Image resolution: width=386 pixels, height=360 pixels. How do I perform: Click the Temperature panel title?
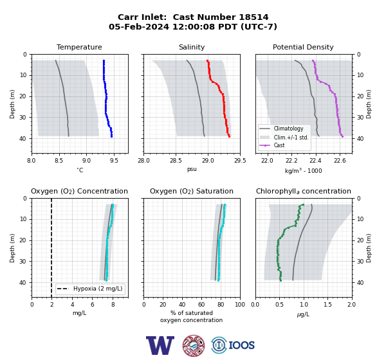[x=79, y=47]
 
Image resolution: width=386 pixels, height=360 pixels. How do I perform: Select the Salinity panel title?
[x=192, y=47]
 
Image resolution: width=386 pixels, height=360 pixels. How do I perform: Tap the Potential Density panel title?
[x=303, y=47]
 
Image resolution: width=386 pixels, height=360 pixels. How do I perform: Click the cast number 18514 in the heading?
[x=253, y=17]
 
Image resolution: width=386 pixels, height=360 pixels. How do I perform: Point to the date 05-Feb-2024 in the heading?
[x=139, y=26]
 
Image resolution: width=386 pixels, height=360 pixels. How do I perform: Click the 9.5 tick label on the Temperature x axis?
[x=114, y=161]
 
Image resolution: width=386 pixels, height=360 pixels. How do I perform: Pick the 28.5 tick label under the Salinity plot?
[x=176, y=161]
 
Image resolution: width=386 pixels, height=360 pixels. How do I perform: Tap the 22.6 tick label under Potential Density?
[x=340, y=161]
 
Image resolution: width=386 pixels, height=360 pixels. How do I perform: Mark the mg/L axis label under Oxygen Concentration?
[x=79, y=313]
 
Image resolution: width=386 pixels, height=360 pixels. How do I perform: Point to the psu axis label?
[x=192, y=169]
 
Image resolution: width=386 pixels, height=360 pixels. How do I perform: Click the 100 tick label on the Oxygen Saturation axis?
[x=240, y=305]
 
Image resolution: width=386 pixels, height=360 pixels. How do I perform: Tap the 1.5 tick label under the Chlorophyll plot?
[x=328, y=305]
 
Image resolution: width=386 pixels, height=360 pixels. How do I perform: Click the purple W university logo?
[x=160, y=345]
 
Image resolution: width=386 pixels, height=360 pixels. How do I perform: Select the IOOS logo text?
[x=241, y=345]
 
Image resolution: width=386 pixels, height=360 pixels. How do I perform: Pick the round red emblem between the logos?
[x=194, y=345]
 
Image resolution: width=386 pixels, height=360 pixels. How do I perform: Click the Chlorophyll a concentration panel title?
[x=304, y=191]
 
